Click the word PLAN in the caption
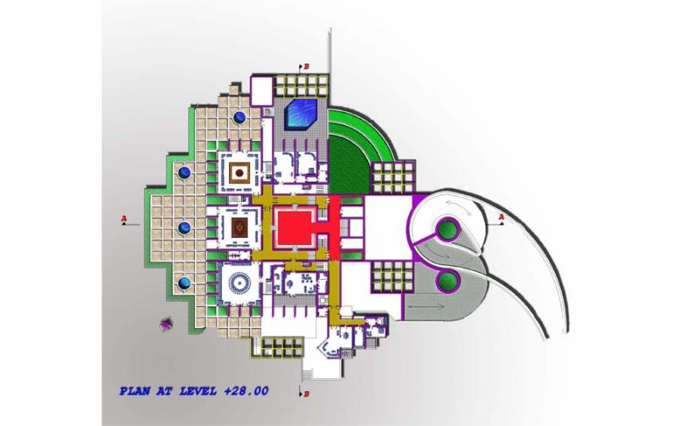[x=135, y=391]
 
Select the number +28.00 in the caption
[x=246, y=391]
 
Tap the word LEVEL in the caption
[x=198, y=391]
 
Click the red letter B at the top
[x=306, y=67]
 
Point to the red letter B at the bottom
[x=306, y=394]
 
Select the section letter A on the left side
[x=123, y=217]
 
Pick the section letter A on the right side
[x=502, y=217]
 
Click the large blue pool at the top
[x=302, y=114]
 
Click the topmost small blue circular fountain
[x=240, y=117]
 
